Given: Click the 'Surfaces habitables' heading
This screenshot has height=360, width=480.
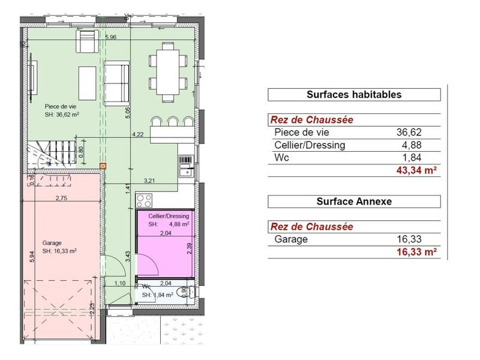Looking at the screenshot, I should [x=354, y=94].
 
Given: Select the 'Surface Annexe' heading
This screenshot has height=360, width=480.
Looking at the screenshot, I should [x=354, y=202].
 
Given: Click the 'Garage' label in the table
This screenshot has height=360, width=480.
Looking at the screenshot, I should [x=290, y=239].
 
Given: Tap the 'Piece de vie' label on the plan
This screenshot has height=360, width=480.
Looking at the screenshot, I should [x=60, y=106].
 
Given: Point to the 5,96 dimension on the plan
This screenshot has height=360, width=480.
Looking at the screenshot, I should [x=110, y=37].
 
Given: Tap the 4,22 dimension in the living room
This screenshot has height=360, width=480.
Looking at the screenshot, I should [x=138, y=135].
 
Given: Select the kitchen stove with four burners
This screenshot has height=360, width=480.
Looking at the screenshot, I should [x=145, y=200].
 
